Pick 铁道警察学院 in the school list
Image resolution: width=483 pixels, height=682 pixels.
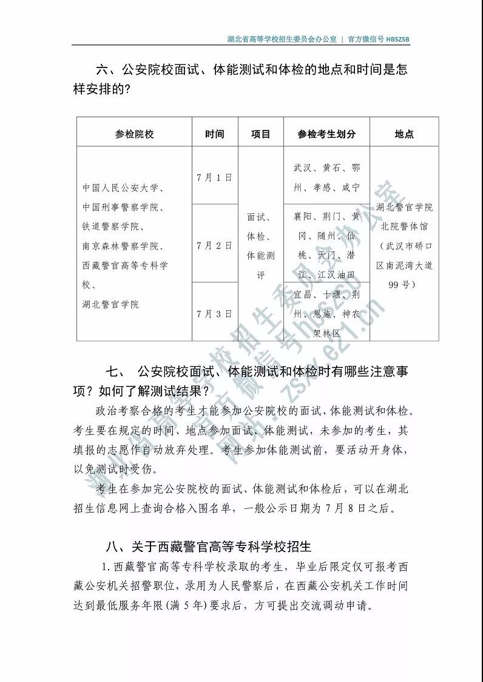coord(113,227)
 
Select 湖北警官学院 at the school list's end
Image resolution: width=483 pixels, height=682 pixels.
coord(111,304)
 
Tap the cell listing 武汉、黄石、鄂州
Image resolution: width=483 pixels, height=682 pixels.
coord(326,177)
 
